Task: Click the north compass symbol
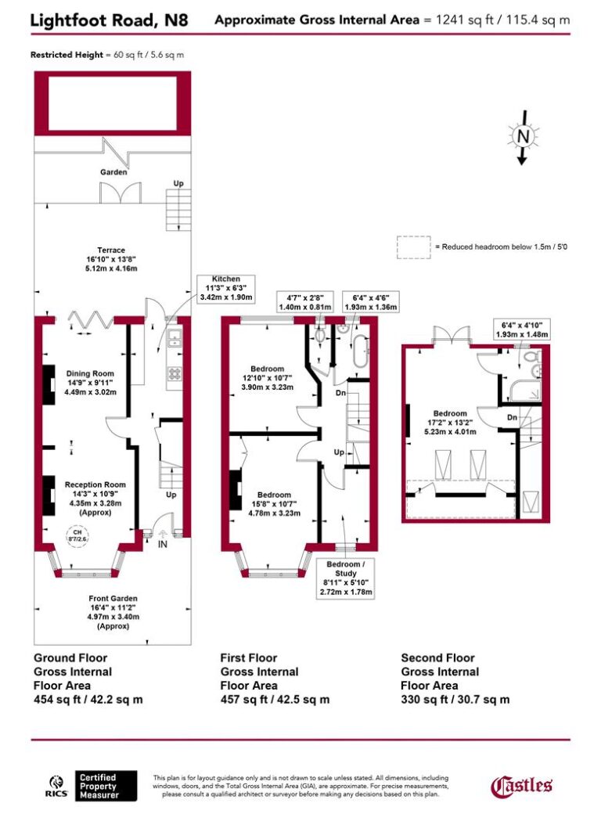524,137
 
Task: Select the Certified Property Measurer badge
106,786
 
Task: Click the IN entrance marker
163,542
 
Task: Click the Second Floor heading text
437,657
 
